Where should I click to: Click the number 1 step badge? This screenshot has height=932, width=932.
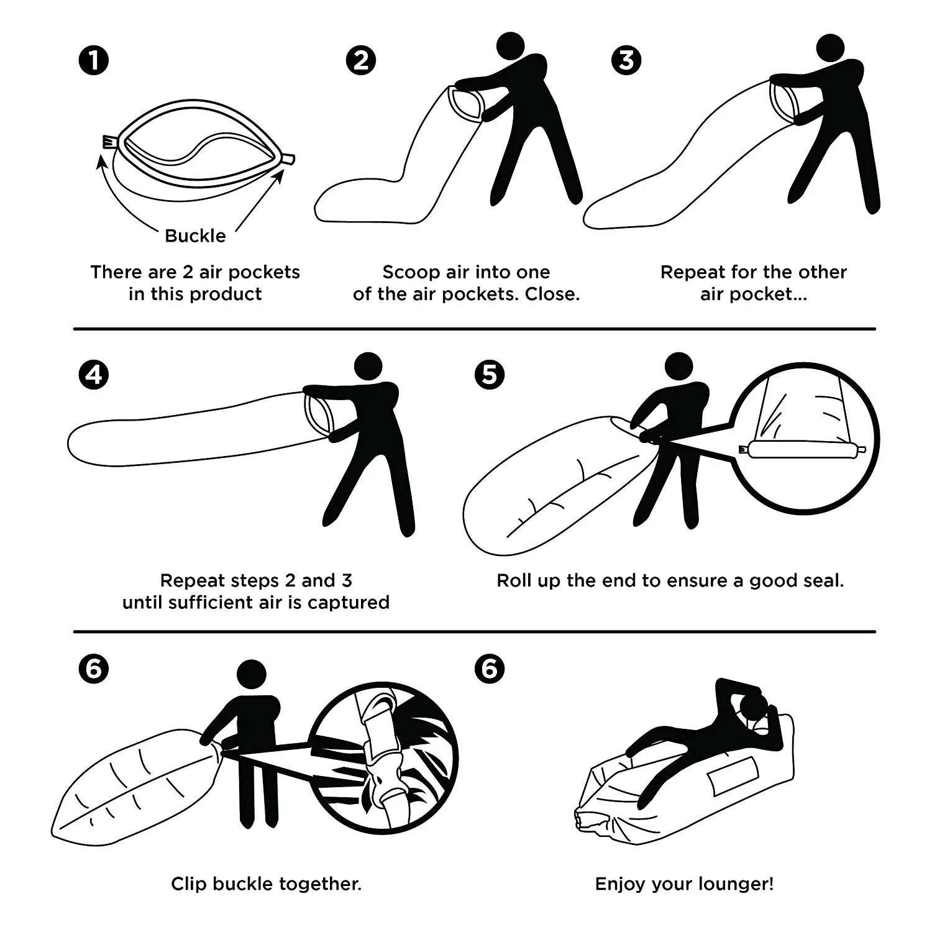click(x=94, y=61)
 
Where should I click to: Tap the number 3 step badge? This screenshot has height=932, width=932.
click(x=626, y=61)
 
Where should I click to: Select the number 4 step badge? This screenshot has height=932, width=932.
click(x=94, y=375)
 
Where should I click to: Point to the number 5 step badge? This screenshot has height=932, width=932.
click(x=490, y=375)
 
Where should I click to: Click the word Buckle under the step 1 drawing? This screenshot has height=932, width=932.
click(x=195, y=236)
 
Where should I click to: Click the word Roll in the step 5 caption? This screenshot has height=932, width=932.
click(x=512, y=581)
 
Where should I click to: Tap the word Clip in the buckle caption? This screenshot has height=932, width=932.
click(x=189, y=884)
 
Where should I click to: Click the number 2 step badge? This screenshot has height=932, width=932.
click(x=360, y=61)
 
